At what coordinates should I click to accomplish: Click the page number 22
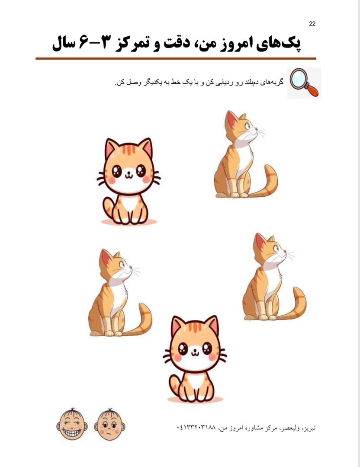tap(312, 24)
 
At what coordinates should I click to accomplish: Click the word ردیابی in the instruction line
tap(221, 83)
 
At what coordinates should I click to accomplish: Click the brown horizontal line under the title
tap(176, 58)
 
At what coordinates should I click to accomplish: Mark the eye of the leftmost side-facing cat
tap(122, 264)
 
